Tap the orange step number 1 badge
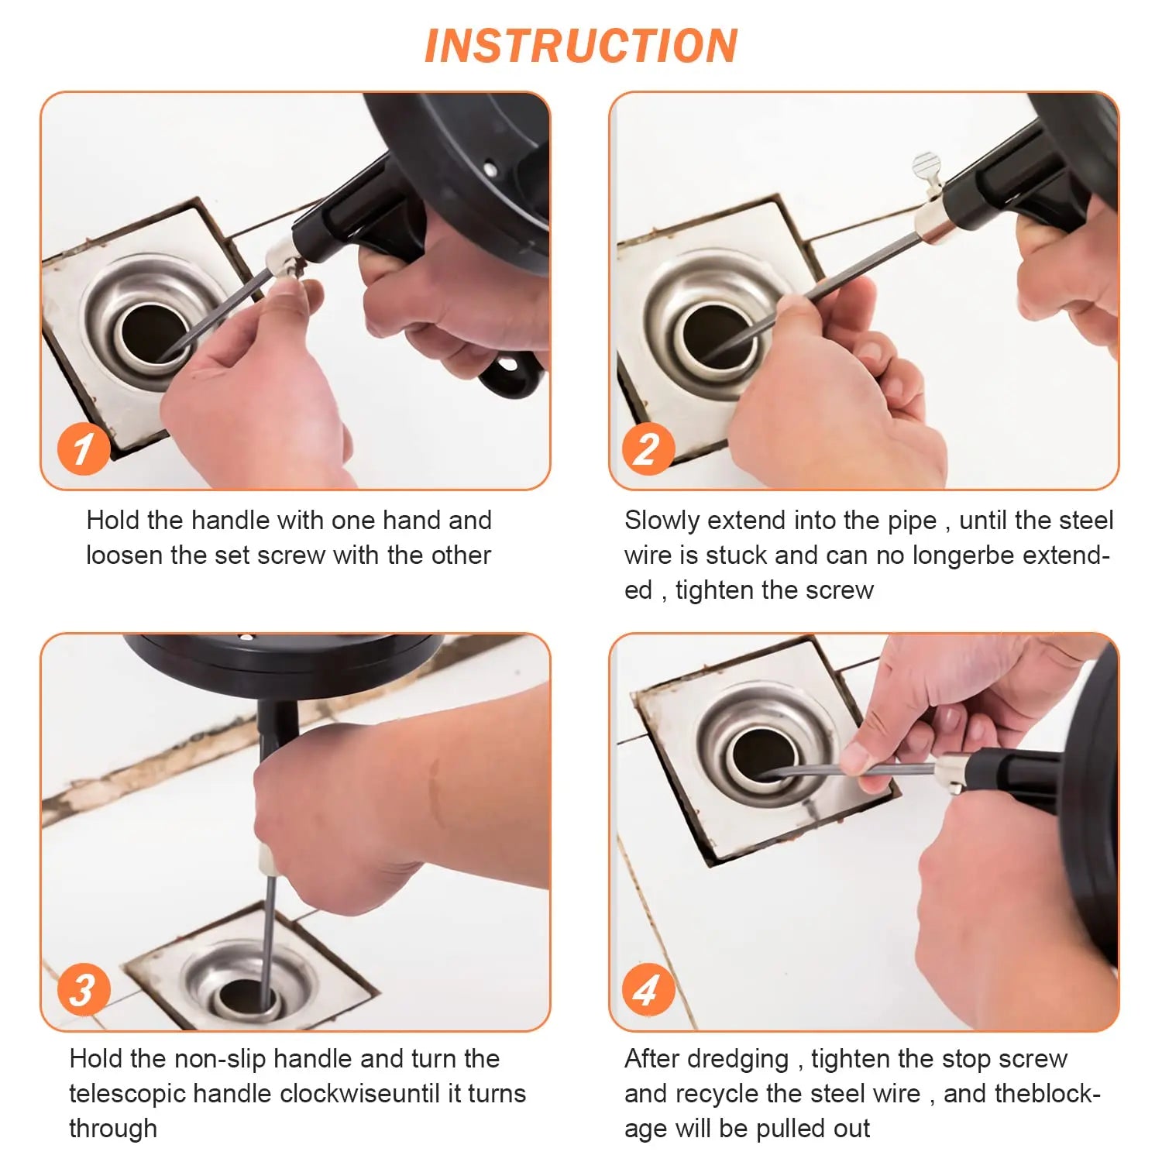pyautogui.click(x=83, y=449)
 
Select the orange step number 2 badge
pyautogui.click(x=648, y=449)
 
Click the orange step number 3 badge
pyautogui.click(x=83, y=989)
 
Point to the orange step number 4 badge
pyautogui.click(x=648, y=989)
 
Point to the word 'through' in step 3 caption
pyautogui.click(x=113, y=1129)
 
